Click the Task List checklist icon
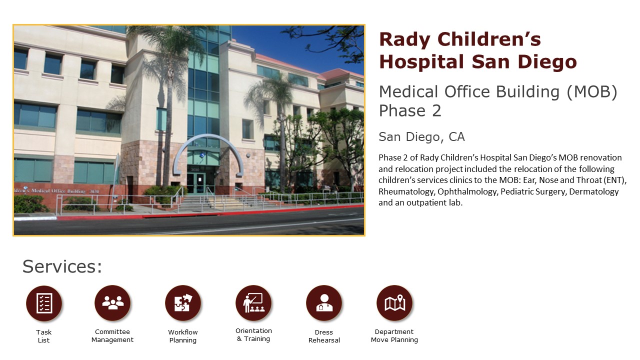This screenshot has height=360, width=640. [x=44, y=303]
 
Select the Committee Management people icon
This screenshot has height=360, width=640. [x=112, y=303]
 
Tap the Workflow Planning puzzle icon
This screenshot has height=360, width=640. [x=183, y=303]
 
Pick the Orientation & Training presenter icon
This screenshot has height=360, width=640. [x=253, y=303]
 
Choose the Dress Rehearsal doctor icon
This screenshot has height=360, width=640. [x=324, y=303]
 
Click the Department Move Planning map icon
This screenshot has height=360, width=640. [x=394, y=303]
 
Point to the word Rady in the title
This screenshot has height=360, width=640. [x=404, y=40]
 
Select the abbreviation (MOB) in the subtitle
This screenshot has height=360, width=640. [x=592, y=92]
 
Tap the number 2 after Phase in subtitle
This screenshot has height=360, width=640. [x=436, y=111]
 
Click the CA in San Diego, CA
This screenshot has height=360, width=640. [x=456, y=137]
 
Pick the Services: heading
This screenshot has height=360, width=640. [x=62, y=266]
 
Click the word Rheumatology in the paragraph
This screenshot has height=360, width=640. [x=406, y=191]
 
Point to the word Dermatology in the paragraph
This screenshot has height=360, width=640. [x=593, y=191]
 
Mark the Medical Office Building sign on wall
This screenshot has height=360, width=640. [x=56, y=191]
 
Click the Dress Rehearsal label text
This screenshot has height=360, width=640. [x=324, y=336]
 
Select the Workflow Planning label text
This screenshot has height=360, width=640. [x=183, y=336]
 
